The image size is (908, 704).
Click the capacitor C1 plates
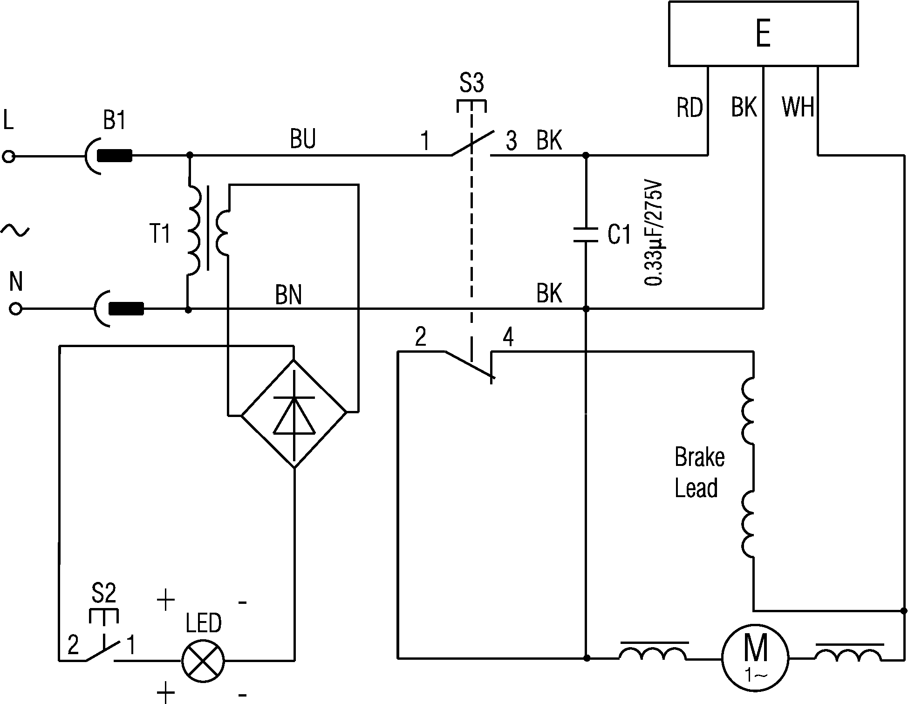(586, 234)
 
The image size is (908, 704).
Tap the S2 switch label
(103, 594)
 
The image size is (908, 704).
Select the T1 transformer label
(160, 234)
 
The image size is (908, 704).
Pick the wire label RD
(690, 108)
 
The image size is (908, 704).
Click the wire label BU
(303, 138)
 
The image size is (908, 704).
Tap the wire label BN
(288, 295)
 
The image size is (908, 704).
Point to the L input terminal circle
(8, 157)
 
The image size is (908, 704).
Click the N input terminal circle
(15, 309)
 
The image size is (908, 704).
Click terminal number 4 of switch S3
(508, 337)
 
